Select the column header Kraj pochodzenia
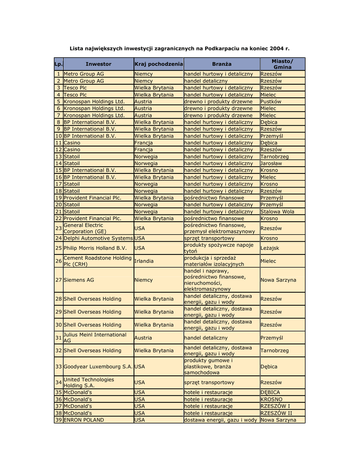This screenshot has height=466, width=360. click(158, 64)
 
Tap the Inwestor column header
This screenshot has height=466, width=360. click(98, 64)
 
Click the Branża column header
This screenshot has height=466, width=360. click(221, 64)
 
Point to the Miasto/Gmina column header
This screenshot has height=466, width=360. click(282, 64)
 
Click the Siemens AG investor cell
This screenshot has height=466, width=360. click(79, 280)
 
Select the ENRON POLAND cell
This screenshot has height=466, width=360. click(84, 420)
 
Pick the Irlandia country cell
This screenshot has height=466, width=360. click(144, 261)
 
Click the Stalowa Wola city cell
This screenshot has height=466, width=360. click(277, 212)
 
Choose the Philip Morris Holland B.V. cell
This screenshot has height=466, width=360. click(95, 248)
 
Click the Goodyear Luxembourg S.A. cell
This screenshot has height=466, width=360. click(98, 366)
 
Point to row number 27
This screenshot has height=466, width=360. click(58, 280)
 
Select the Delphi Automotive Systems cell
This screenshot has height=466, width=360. click(98, 238)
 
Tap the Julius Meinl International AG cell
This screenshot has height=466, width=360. click(95, 337)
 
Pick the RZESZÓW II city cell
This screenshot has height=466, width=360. click(276, 413)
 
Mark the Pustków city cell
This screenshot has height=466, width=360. click(271, 101)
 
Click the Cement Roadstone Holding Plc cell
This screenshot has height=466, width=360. click(97, 261)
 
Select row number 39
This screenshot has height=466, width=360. click(58, 420)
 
